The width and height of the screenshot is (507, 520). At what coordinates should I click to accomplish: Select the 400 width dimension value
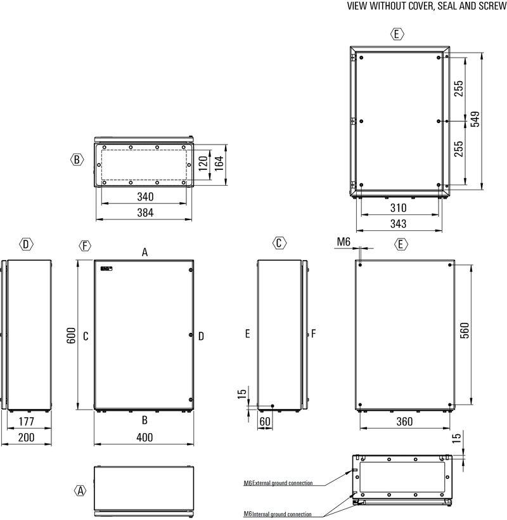[144, 438]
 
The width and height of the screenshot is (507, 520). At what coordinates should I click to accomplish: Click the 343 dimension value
[398, 223]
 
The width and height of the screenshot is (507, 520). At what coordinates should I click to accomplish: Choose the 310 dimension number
[398, 208]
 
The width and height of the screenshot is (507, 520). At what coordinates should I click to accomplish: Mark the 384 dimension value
[145, 213]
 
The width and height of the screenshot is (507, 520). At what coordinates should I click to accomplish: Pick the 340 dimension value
[145, 197]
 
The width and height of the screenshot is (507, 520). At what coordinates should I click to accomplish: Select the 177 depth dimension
[25, 422]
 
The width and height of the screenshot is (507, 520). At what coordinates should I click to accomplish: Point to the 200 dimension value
[25, 438]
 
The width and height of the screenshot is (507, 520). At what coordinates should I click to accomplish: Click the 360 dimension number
[404, 422]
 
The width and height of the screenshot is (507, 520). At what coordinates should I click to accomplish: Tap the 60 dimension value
[264, 422]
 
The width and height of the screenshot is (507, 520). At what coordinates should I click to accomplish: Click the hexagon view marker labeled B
[76, 160]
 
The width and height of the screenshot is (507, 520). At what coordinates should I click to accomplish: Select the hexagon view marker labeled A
[80, 490]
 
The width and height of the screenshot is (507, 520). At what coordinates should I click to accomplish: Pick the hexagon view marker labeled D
[26, 244]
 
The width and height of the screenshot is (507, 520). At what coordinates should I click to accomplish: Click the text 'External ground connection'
[283, 483]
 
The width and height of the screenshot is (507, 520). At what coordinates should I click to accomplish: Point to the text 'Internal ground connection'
[282, 514]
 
